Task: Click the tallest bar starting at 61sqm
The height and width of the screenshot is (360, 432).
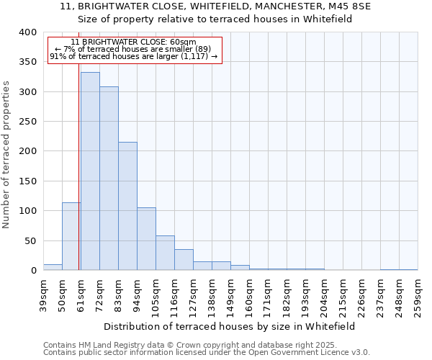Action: pos(90,171)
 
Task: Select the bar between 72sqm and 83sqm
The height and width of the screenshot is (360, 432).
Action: pos(109,179)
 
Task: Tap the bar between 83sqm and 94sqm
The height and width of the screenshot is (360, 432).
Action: pos(127,206)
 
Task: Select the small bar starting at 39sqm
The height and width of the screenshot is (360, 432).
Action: pos(53,267)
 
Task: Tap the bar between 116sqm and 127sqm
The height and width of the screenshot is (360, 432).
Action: pos(184,260)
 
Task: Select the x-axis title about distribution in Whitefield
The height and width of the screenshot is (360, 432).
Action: pos(230,326)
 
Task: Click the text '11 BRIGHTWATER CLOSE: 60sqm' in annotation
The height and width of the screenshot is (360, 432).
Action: pos(134,42)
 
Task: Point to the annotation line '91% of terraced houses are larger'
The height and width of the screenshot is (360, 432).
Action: pos(134,56)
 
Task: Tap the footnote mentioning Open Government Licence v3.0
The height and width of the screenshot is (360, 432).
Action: pos(207,352)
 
